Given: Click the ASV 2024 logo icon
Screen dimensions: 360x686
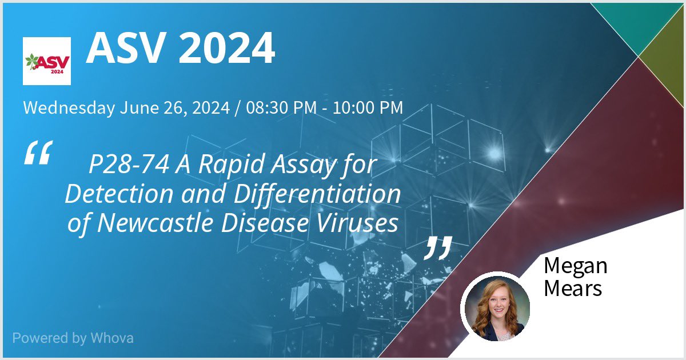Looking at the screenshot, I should coord(47,61).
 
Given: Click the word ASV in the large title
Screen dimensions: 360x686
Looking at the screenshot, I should coord(126,49).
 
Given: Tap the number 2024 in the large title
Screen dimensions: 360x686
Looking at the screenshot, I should coord(227,49).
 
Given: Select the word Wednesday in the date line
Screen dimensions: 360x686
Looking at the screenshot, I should coord(69,107).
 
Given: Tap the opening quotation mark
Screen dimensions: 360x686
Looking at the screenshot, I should coord(38,153).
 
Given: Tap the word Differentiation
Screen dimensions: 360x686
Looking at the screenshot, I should coord(311,195).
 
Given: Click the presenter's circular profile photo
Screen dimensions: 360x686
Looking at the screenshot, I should coord(495,309).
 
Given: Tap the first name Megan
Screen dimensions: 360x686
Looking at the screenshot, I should coord(575,266).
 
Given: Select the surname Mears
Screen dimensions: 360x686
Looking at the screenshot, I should coord(573,288).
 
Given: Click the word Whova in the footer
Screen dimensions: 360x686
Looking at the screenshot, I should coord(112,338).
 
